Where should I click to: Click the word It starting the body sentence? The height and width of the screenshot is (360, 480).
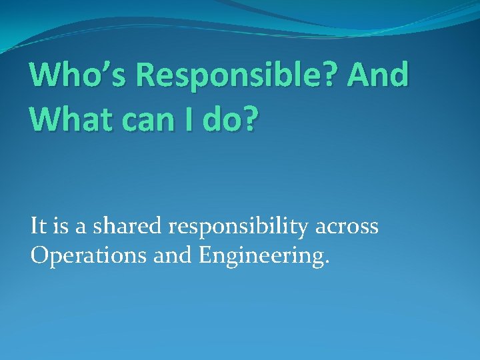pos(38,227)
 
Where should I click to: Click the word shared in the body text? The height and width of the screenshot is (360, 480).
pos(126,227)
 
